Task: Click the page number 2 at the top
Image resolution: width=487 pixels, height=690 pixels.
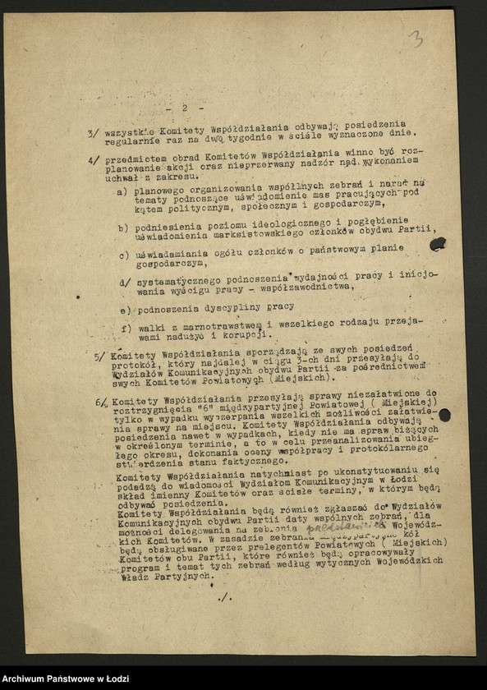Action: (x=186, y=108)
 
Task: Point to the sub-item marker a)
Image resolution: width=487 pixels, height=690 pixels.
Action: (x=121, y=192)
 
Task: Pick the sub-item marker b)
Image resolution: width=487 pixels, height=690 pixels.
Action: (x=122, y=228)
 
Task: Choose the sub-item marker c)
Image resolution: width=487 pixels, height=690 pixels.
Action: (x=122, y=255)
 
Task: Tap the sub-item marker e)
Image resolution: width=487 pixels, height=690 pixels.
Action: (x=125, y=310)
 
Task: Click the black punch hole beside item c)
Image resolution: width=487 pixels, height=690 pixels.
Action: (x=438, y=244)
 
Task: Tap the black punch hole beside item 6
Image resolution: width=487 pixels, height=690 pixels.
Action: (x=444, y=416)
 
